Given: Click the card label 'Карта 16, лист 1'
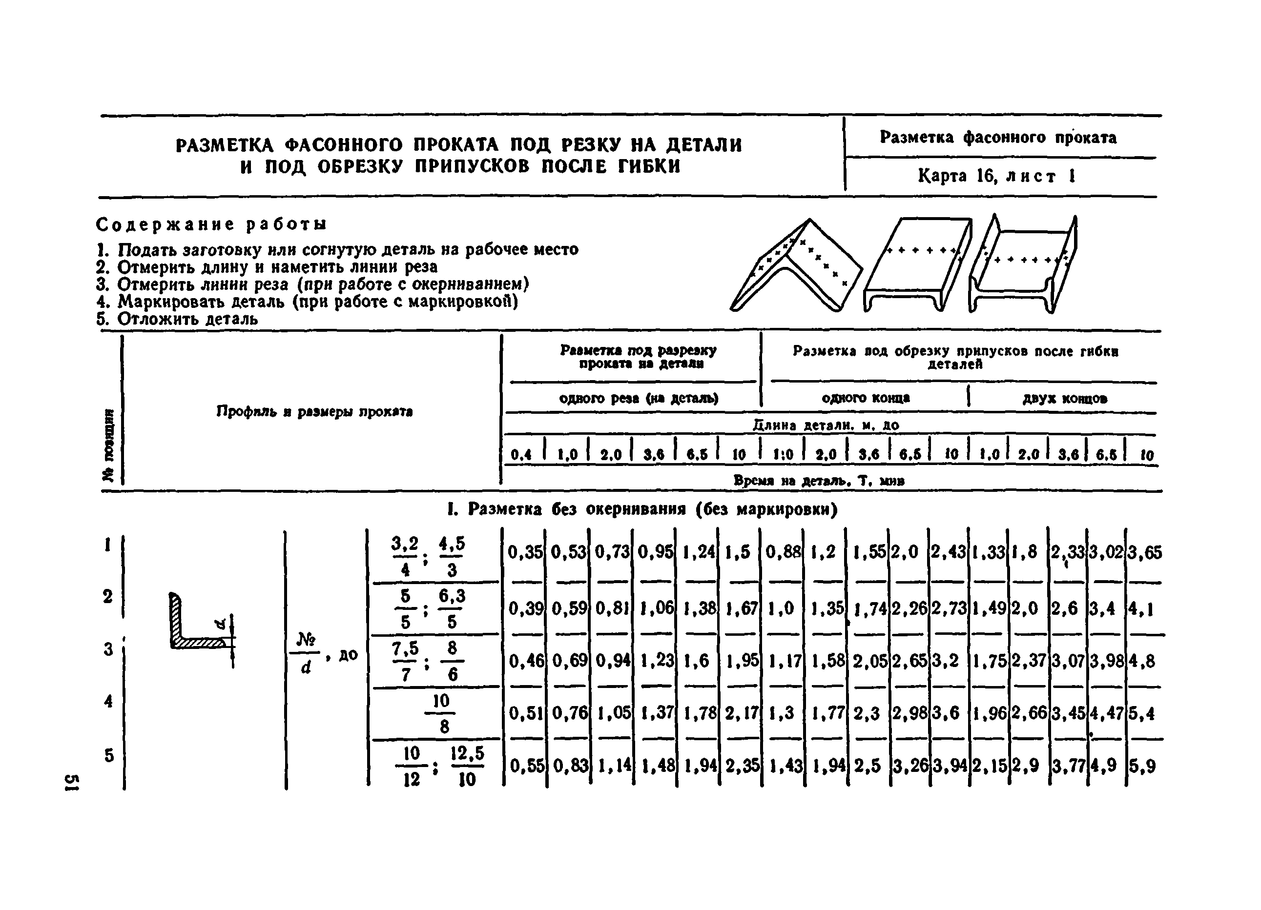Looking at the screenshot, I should (996, 176).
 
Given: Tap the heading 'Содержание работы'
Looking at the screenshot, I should (211, 224).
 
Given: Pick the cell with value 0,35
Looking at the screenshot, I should (524, 552).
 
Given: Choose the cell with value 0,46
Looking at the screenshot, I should (526, 661).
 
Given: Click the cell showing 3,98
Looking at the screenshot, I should (1106, 661).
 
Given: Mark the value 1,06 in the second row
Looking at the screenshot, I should (656, 608).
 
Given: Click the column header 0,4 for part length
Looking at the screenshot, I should (521, 455).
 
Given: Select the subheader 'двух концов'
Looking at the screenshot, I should (1064, 398).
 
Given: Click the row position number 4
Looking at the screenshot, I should (108, 701).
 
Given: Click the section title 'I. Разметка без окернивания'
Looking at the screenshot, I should (642, 509).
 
